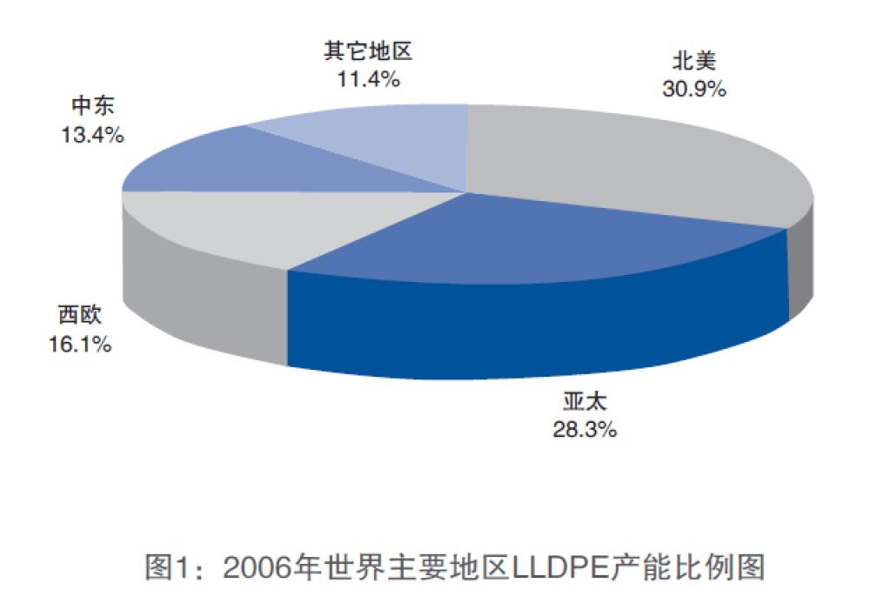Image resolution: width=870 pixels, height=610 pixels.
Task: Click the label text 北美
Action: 693,62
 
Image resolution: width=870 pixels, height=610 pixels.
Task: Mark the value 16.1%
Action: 79,345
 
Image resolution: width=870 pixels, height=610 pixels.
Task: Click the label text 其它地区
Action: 366,51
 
